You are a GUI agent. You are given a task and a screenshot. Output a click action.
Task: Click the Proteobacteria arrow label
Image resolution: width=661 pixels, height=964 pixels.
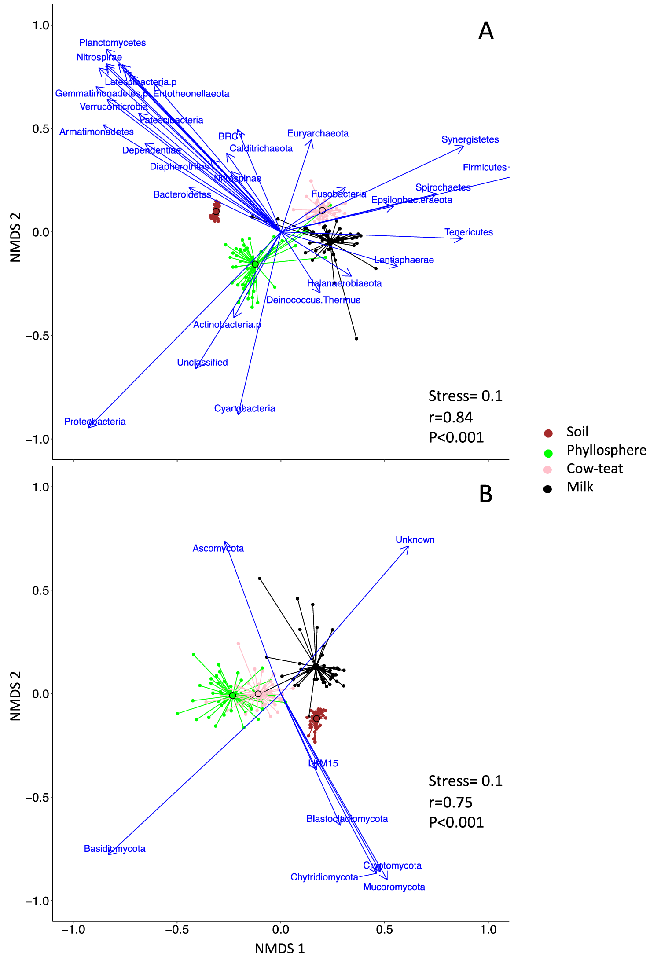pos(95,422)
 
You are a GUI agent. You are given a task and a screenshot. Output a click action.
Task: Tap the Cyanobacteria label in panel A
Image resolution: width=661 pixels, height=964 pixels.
pos(244,408)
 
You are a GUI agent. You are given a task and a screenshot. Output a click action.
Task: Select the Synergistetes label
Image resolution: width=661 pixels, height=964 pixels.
pos(470,139)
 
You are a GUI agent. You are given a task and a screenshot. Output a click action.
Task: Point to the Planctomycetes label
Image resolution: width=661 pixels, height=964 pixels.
pos(112,43)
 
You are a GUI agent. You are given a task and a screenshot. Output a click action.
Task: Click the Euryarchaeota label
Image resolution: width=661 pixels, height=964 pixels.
pos(318,133)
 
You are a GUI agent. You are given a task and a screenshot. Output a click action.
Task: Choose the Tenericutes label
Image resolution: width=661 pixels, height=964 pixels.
pos(468,232)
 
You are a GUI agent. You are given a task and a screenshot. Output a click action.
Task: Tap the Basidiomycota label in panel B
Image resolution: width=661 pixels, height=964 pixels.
pos(114,849)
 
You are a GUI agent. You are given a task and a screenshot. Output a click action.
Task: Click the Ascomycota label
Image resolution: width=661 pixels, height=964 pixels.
pos(218,548)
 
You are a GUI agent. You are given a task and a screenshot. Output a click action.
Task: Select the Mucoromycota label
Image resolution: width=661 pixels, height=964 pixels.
pos(394,887)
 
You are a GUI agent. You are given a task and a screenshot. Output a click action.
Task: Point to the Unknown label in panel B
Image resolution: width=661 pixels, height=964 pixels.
pos(415,539)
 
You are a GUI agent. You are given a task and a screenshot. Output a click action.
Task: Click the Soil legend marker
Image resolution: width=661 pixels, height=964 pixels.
pos(548,433)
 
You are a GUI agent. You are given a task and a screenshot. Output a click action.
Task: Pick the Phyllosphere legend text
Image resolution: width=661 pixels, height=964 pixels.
pos(606,450)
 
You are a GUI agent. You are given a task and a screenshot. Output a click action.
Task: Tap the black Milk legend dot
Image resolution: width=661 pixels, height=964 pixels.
pos(547,489)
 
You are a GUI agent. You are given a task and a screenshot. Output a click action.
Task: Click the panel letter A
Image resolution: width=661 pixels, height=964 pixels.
pos(485,31)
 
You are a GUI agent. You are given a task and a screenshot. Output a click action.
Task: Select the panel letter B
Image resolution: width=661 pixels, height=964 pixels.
pos(485,494)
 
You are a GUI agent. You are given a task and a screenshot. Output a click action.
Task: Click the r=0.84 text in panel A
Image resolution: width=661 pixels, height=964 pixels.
pos(450,417)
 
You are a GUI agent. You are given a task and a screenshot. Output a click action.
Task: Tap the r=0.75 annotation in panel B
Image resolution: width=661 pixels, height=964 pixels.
pos(450,803)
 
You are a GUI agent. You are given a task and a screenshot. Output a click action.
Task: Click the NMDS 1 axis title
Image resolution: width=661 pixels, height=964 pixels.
pos(279,949)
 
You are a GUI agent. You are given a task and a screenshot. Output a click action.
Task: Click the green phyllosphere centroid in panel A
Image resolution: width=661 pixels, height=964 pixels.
pos(255,264)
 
